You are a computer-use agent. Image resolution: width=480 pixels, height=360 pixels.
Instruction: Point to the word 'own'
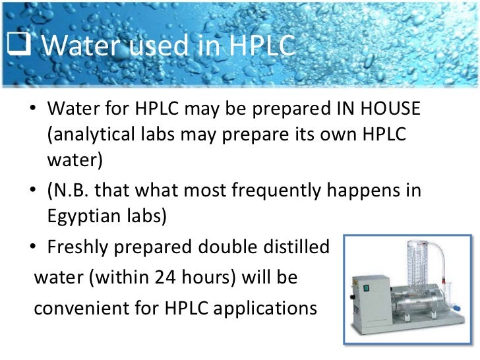click(327, 134)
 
